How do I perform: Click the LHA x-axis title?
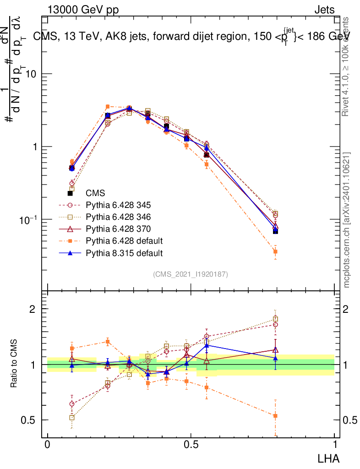(329, 458)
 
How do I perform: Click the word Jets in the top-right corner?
(324, 10)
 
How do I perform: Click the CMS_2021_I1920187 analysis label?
(191, 274)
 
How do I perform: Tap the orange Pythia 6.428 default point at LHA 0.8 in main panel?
(275, 251)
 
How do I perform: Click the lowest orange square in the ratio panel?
(275, 415)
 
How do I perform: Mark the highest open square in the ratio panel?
(275, 319)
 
